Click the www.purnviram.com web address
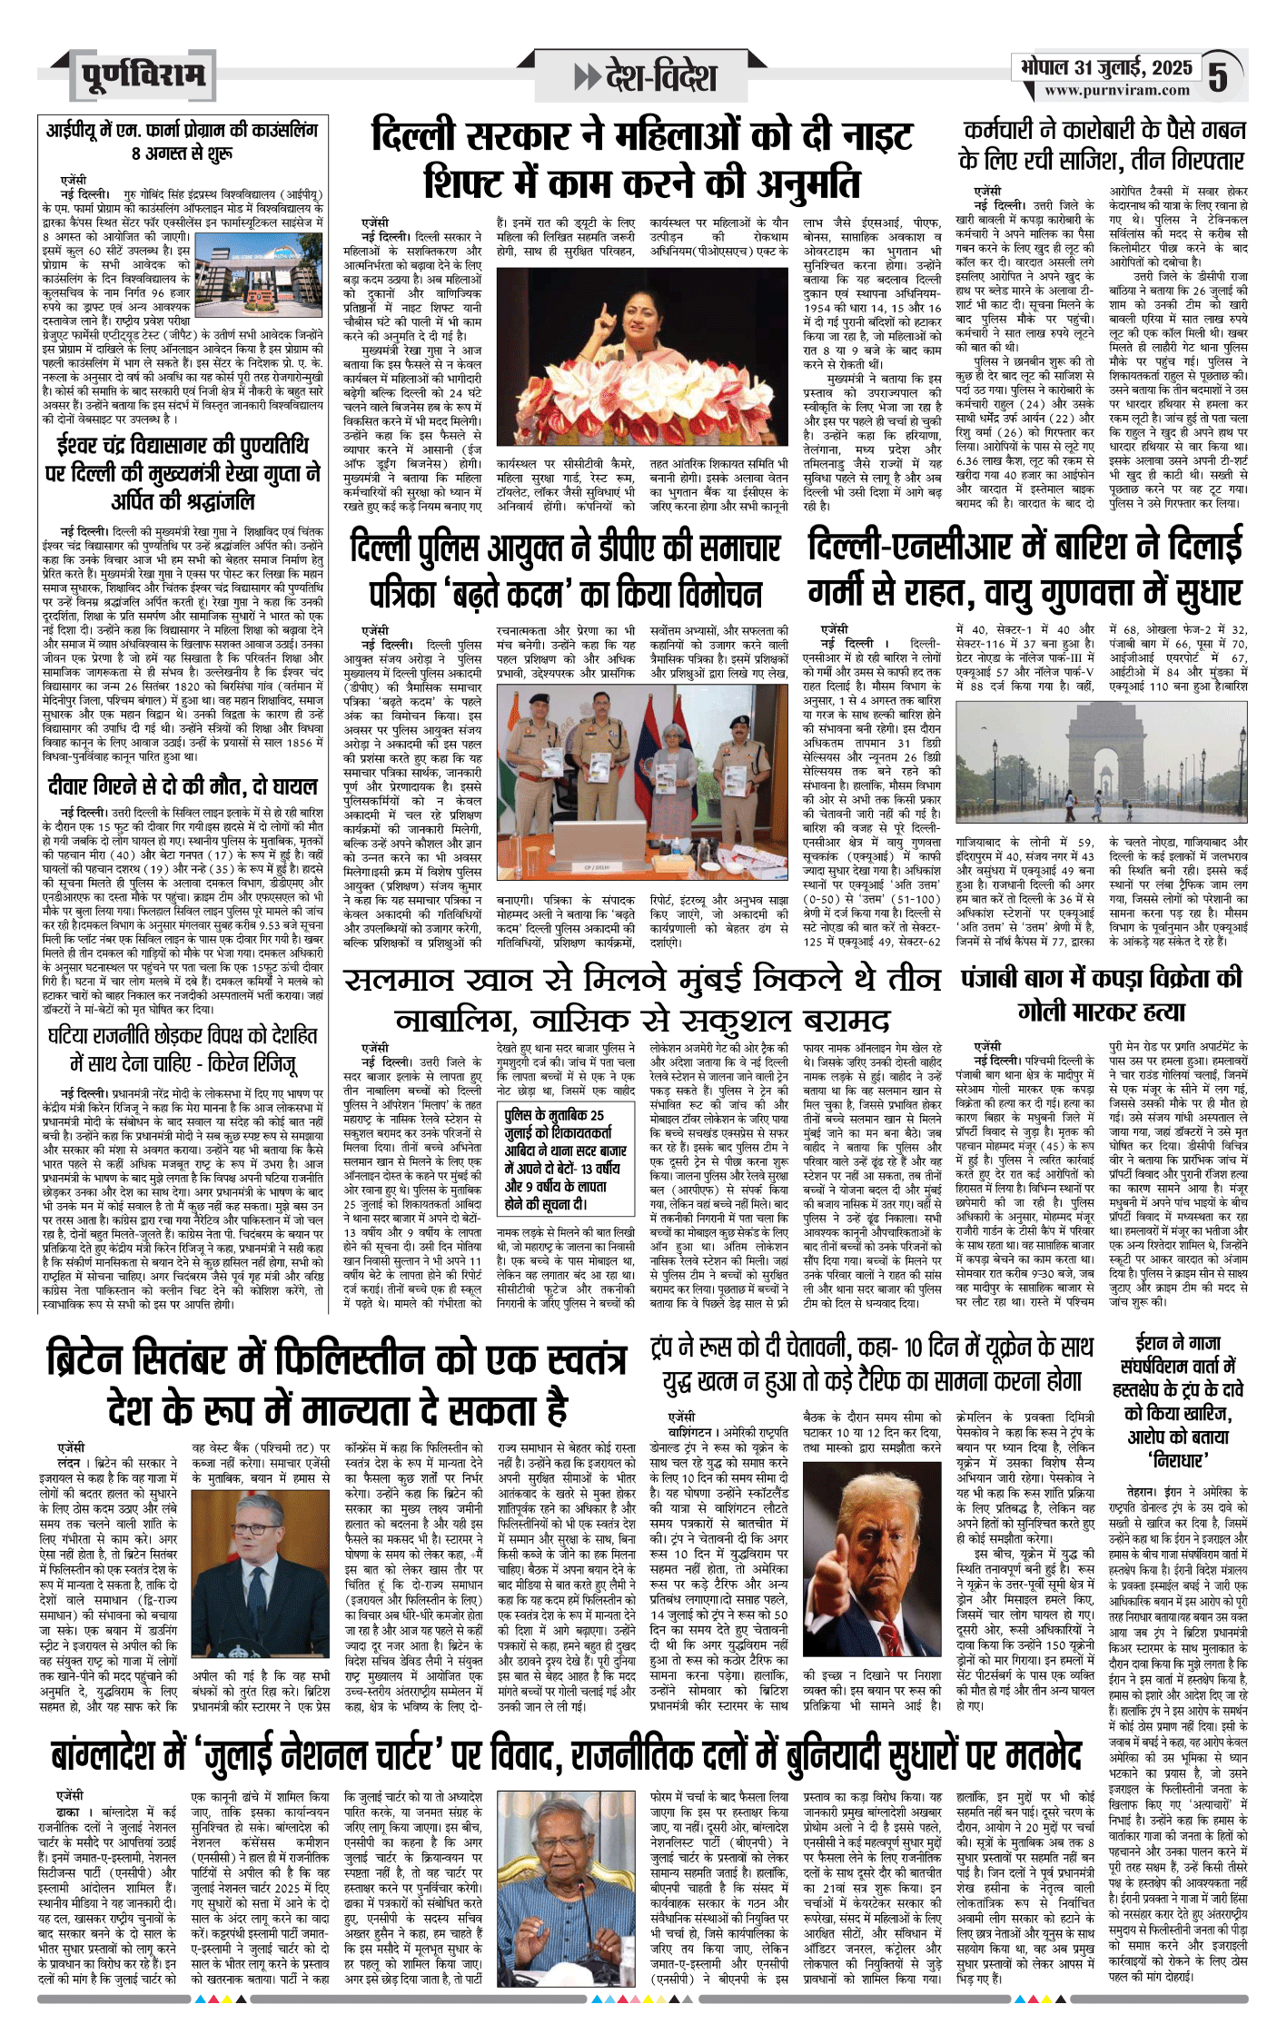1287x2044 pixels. click(x=1116, y=90)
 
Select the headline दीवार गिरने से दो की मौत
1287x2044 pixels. click(x=182, y=785)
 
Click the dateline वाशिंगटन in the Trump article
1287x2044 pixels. click(x=687, y=1431)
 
